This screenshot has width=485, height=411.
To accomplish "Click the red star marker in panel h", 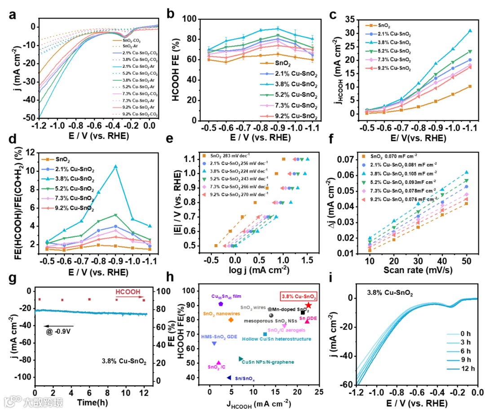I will click(309, 305).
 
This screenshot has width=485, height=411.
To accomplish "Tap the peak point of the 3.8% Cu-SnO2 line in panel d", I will click(115, 166).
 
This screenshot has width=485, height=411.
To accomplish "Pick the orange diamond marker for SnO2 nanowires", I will click(231, 320).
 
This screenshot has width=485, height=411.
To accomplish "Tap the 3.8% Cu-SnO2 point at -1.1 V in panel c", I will click(470, 31).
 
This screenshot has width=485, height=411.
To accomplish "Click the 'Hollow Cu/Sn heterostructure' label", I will click(276, 339).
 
